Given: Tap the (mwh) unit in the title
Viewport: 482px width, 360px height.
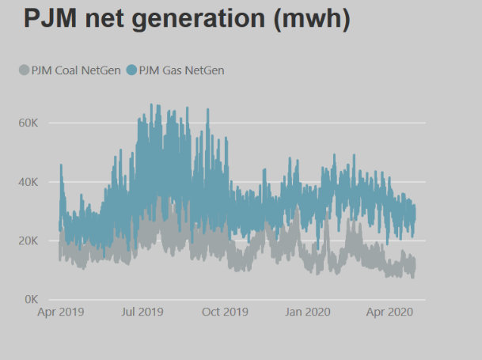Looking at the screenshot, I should coord(311,18).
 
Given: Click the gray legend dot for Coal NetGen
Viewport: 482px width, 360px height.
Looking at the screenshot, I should coord(23,70).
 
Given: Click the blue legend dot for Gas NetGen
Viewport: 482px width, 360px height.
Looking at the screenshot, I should coord(131,70).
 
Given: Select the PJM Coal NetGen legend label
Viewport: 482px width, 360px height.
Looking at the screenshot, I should coord(76,70).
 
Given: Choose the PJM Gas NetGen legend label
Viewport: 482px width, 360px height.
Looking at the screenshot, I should coord(181,70).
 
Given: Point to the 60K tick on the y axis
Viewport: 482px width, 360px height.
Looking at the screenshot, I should coord(29,123).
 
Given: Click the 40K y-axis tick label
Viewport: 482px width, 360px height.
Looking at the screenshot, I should coord(29,182).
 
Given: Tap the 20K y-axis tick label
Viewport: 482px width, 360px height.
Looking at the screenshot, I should coord(29,241).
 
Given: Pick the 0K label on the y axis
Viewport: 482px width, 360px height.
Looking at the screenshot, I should coord(32,300).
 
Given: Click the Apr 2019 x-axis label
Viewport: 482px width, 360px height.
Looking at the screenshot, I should coord(59,313).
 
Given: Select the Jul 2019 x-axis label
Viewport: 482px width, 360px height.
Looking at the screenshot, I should coord(142,313).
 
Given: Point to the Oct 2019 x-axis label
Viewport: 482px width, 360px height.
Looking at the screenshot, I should coord(225,313).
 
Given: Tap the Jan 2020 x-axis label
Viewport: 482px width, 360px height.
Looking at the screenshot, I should coord(305,313).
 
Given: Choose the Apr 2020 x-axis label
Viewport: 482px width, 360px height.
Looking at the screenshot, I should coord(386,313).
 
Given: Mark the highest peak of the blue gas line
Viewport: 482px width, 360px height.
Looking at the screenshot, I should coord(151,104).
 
